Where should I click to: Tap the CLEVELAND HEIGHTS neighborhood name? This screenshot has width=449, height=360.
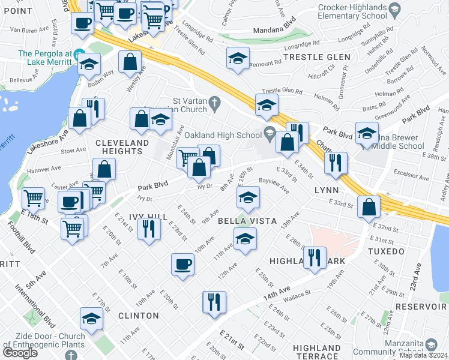point(122,146)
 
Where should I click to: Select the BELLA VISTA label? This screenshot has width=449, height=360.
point(247,221)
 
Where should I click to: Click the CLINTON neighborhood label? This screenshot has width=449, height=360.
point(138,315)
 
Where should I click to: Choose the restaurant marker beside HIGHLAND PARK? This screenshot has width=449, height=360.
point(315,257)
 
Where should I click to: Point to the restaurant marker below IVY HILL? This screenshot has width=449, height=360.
point(148,229)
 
